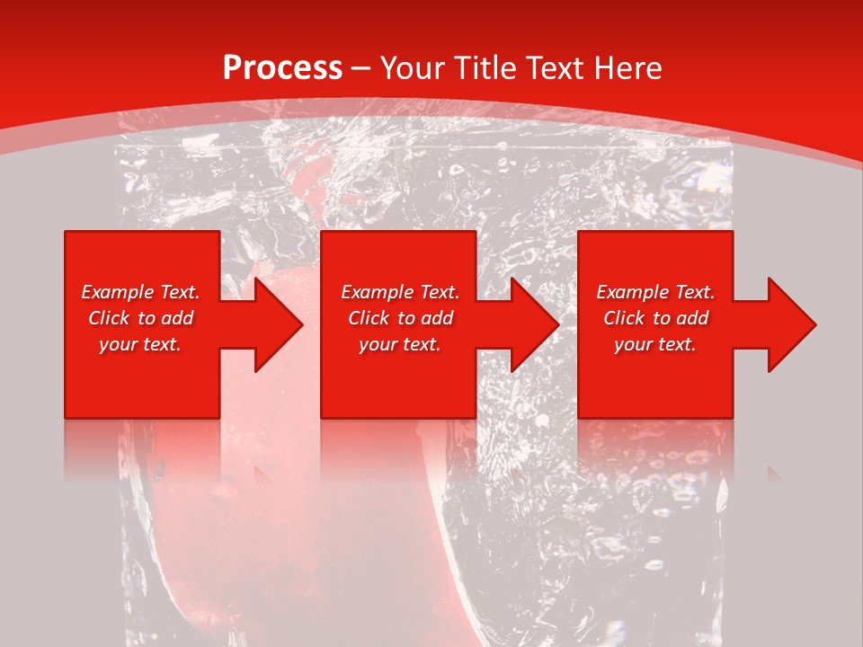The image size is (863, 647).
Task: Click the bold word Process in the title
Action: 282,68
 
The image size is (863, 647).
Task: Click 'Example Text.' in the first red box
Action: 140,292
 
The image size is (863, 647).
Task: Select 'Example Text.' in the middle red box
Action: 400,292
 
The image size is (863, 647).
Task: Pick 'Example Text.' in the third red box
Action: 655,292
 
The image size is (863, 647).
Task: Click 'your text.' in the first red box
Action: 140,344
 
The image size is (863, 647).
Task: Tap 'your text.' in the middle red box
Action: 400,344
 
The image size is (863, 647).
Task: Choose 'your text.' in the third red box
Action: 655,344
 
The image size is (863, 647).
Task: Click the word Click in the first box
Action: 109,318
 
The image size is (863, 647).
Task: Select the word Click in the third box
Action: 624,318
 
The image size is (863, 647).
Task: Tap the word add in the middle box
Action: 437,318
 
